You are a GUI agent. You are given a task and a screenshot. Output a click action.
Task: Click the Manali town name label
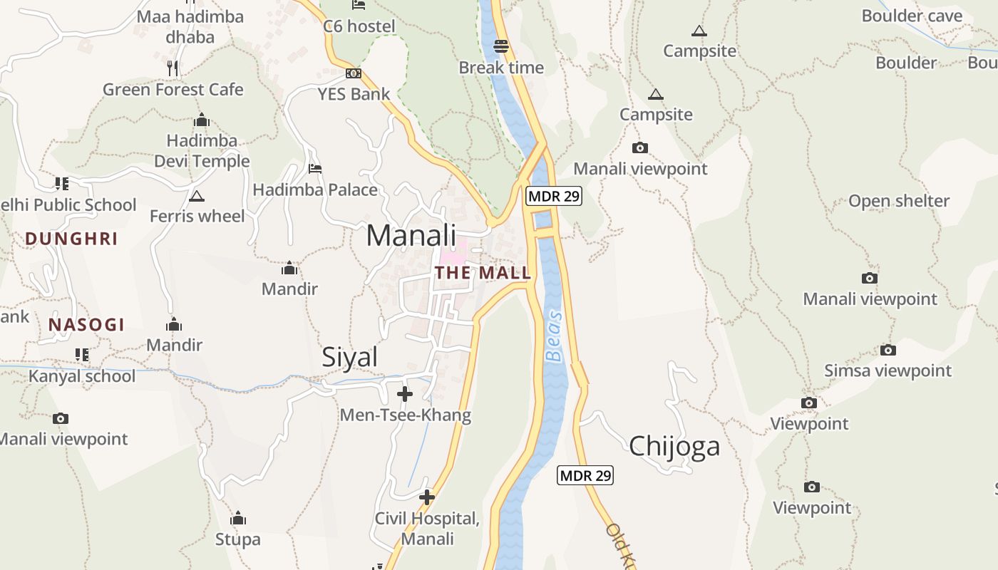coord(411,235)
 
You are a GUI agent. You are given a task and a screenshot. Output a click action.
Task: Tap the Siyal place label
coord(349,357)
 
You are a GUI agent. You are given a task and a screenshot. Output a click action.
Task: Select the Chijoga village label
coord(674,447)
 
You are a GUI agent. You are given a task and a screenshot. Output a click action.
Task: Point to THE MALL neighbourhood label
coord(483,273)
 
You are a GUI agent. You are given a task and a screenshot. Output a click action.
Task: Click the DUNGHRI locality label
coord(71,239)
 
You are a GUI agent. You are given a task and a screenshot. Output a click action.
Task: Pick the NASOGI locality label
coord(86,325)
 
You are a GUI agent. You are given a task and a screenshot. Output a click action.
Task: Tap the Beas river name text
coord(554,336)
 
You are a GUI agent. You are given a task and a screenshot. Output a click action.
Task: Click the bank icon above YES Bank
coord(354,73)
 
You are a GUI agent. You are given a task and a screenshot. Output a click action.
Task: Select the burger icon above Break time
coord(501,47)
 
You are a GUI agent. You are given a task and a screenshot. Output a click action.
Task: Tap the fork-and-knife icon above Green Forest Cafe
coord(173,68)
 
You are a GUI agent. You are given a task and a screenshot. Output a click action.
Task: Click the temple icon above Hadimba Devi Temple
coord(202,119)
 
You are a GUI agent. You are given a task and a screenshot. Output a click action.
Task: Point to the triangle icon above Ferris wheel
coord(197,196)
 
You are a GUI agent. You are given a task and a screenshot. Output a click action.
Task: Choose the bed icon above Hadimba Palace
coord(314,169)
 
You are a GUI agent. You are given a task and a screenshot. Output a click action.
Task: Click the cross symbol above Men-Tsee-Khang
coord(405,393)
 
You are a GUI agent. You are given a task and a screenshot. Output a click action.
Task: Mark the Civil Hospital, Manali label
coord(427,528)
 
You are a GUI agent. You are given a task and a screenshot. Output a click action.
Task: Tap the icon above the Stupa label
coord(238,518)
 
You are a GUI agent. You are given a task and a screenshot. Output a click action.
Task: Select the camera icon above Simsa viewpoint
coord(888,350)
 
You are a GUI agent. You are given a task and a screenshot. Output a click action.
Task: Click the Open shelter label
coord(898,201)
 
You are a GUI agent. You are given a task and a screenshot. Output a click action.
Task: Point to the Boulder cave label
coord(912,16)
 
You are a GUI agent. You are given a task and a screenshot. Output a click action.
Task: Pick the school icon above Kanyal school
coord(81,354)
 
